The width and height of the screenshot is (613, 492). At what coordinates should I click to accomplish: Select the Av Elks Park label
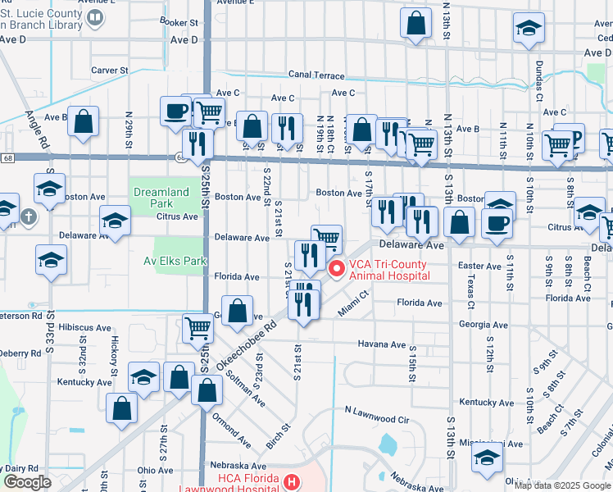(178, 261)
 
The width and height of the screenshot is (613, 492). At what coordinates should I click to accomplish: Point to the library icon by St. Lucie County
(96, 16)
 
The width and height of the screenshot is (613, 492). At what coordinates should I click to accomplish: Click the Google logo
(28, 482)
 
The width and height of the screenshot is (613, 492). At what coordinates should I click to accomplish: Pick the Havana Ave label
(381, 344)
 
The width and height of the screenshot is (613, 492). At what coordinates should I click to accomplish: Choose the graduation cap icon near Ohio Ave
(487, 459)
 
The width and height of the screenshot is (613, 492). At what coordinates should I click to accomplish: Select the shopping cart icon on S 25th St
(198, 328)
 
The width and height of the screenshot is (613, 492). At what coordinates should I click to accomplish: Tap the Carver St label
(111, 71)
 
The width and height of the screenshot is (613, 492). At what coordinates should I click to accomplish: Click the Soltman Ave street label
(245, 389)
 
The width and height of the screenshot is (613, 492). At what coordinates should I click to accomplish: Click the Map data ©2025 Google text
(562, 485)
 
